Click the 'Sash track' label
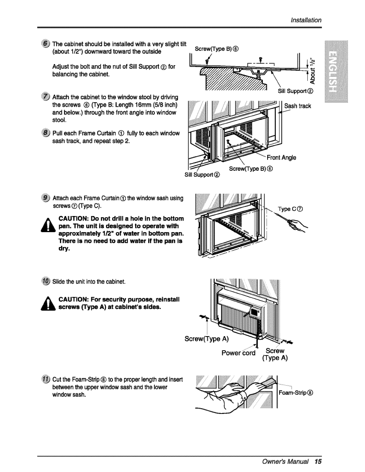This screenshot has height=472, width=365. (x=298, y=106)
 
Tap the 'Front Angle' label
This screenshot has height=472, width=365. (x=281, y=158)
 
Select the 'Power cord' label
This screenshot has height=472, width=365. (x=238, y=353)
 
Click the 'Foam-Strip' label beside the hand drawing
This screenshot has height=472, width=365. (x=296, y=393)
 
